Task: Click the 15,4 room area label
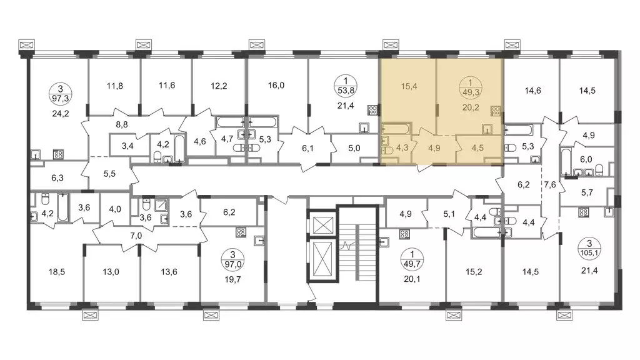point(409,86)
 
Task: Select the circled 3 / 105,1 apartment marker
point(589,248)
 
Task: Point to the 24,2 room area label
point(61,114)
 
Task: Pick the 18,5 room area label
point(57,272)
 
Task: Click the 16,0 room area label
point(276,86)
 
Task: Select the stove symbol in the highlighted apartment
point(496,111)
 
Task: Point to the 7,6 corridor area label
point(550,185)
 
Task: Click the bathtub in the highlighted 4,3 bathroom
point(396,129)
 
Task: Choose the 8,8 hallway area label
point(122,125)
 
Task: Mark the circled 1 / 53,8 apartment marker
point(346,86)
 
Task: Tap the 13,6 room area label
point(169,272)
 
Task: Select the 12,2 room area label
point(219,86)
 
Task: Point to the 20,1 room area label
point(412,279)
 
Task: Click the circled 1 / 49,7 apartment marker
point(412,259)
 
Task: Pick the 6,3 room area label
point(57,178)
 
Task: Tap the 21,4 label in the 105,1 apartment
point(589,270)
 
